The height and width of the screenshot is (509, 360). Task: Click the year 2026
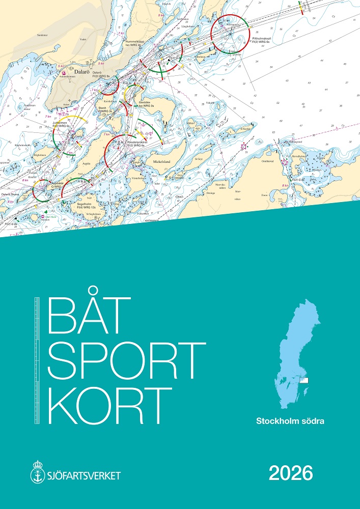coord(291,474)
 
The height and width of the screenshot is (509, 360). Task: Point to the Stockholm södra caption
coord(291,421)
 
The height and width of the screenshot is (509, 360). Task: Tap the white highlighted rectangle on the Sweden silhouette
coord(304,380)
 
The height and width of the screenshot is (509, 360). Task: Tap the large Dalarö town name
coord(82,72)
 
